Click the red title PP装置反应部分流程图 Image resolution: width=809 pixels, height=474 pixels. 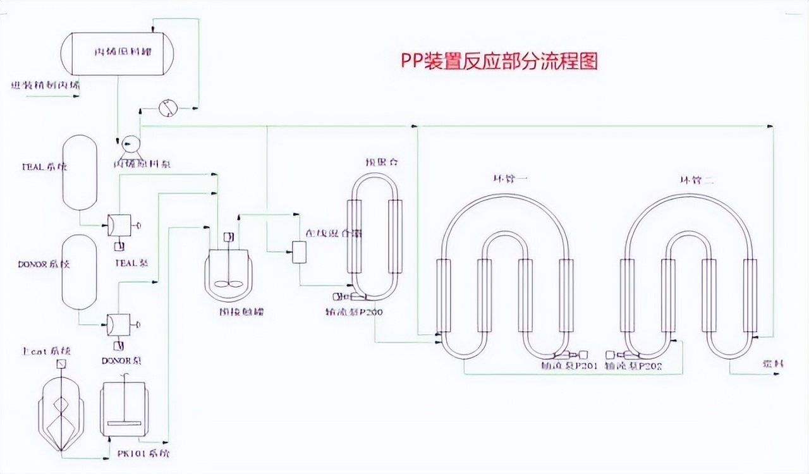pos(499,62)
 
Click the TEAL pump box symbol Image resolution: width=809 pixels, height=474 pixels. pos(119,224)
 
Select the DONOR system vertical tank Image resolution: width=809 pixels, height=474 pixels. pos(80,272)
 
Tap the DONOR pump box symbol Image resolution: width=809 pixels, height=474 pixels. pos(119,324)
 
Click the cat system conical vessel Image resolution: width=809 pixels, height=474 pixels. pos(61,411)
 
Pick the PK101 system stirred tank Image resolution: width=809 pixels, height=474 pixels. pos(125,410)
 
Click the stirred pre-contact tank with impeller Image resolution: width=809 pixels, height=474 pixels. pos(228,272)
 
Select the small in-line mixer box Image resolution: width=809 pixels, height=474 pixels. pos(298,253)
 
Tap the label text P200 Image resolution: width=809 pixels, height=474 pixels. pos(373,312)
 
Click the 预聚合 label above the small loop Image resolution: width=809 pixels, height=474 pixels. pos(380,162)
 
